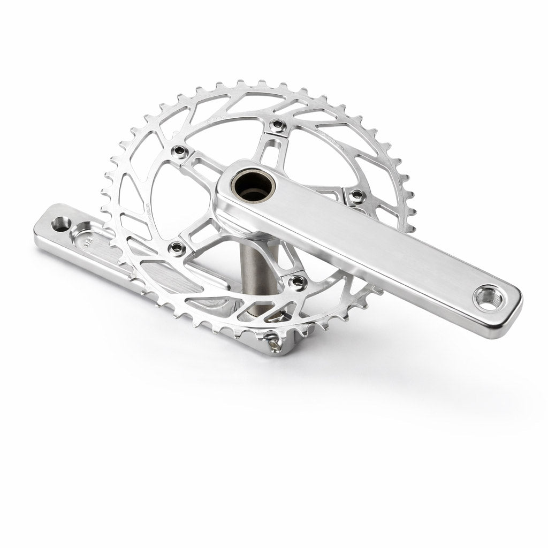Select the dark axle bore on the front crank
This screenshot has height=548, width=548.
coord(246,187)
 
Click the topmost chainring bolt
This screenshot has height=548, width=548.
coord(277,125)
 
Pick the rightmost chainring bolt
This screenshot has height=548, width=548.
coord(354,197)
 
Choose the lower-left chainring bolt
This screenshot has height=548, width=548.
coord(176,247)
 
